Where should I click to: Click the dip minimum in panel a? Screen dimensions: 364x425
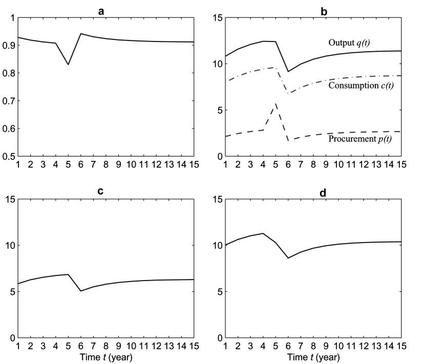tap(68, 65)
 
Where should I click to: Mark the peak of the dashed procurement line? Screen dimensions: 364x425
tap(276, 103)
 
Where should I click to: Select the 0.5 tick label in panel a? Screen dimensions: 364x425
tap(9, 156)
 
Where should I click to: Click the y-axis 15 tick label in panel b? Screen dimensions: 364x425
tap(216, 18)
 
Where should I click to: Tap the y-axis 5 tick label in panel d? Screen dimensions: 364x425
tap(217, 292)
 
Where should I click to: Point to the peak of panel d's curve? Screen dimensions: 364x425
tap(263, 233)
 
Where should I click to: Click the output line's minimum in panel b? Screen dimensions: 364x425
tap(289, 72)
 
